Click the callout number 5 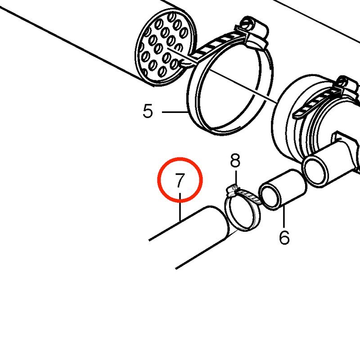tap(148, 111)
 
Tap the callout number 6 tap(284, 237)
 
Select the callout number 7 tap(180, 180)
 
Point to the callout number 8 tap(235, 161)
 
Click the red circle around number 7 tap(180, 158)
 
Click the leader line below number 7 tap(180, 207)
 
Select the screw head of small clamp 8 tap(232, 189)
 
